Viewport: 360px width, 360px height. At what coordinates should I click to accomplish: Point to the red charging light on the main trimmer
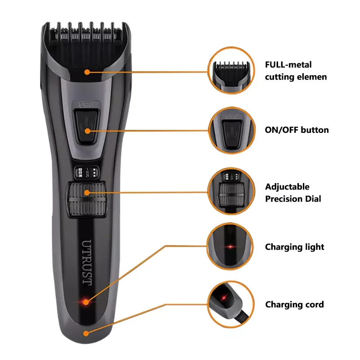click(84, 301)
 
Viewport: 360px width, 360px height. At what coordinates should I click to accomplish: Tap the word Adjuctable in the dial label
click(287, 187)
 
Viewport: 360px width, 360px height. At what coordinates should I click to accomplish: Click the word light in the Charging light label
click(314, 247)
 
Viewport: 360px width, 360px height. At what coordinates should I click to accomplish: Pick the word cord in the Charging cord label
click(314, 305)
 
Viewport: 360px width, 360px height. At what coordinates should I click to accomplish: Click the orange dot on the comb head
click(87, 71)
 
